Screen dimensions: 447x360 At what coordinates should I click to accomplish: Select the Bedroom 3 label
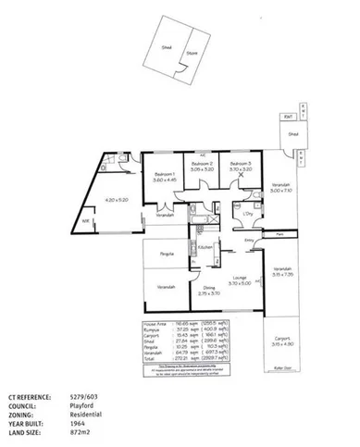[240, 163]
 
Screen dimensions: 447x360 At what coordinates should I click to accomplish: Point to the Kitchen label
[206, 247]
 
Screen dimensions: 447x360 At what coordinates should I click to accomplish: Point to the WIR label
[84, 221]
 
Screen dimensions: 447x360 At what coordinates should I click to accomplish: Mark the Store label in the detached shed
[192, 53]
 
